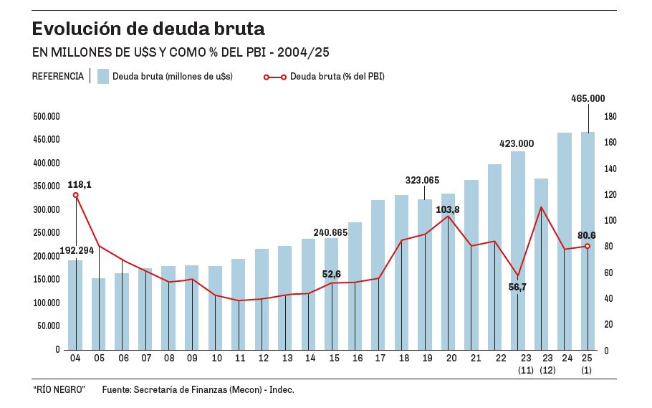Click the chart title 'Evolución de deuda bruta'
coord(148,29)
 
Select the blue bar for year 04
coord(75,305)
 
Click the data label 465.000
coord(588,98)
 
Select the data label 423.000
coord(517,143)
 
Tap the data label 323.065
coord(422,181)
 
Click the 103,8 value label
coord(448,209)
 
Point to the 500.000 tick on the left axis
coord(47,116)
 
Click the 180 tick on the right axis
coord(610,117)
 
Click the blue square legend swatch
coord(102,76)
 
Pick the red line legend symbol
coord(275,77)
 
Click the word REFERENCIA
coord(58,76)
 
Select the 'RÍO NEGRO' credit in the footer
coord(59,389)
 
